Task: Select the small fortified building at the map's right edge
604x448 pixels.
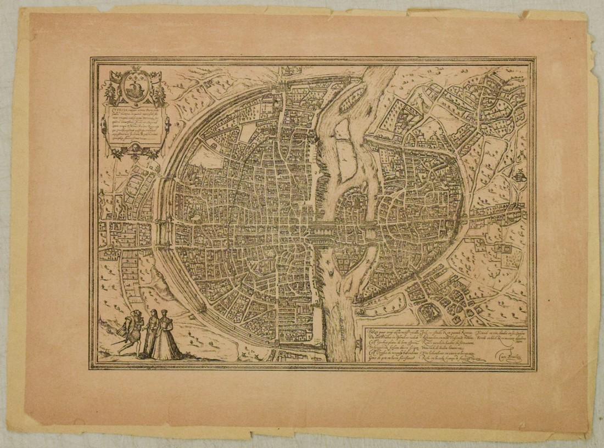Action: (518, 176)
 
